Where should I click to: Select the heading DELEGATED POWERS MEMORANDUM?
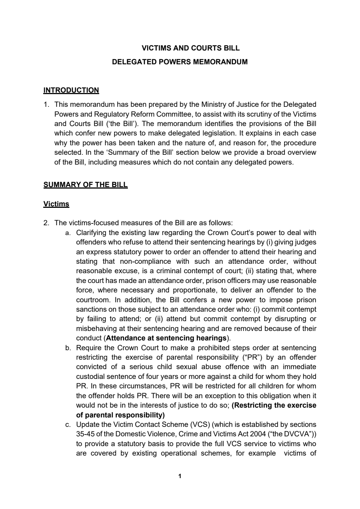click(x=180, y=62)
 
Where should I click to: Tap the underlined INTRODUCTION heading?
click(x=71, y=90)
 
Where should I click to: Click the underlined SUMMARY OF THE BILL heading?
click(x=85, y=185)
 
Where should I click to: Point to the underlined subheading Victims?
click(x=56, y=204)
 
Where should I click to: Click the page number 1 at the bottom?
click(x=180, y=476)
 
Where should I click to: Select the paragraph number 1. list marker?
click(x=46, y=105)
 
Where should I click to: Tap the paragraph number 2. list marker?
click(x=46, y=223)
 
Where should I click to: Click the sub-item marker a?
click(x=68, y=233)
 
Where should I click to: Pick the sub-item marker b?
click(x=68, y=348)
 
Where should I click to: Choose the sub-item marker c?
click(x=68, y=425)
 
